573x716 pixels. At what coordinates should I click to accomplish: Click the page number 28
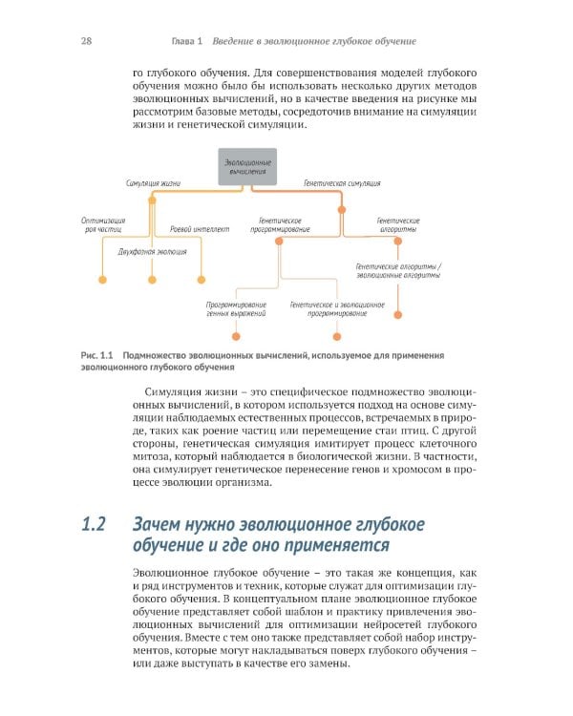(86, 42)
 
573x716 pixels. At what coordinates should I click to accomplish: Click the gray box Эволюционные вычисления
(248, 167)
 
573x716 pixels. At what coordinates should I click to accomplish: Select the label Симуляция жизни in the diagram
(154, 182)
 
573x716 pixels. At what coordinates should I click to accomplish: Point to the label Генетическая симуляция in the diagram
(342, 182)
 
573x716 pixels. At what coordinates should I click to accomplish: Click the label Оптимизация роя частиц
(102, 224)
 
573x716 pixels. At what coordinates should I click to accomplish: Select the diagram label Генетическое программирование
(279, 224)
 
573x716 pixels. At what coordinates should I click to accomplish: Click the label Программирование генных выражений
(236, 308)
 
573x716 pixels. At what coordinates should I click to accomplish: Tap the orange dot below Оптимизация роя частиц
(101, 279)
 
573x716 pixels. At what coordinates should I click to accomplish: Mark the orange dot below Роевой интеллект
(201, 279)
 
